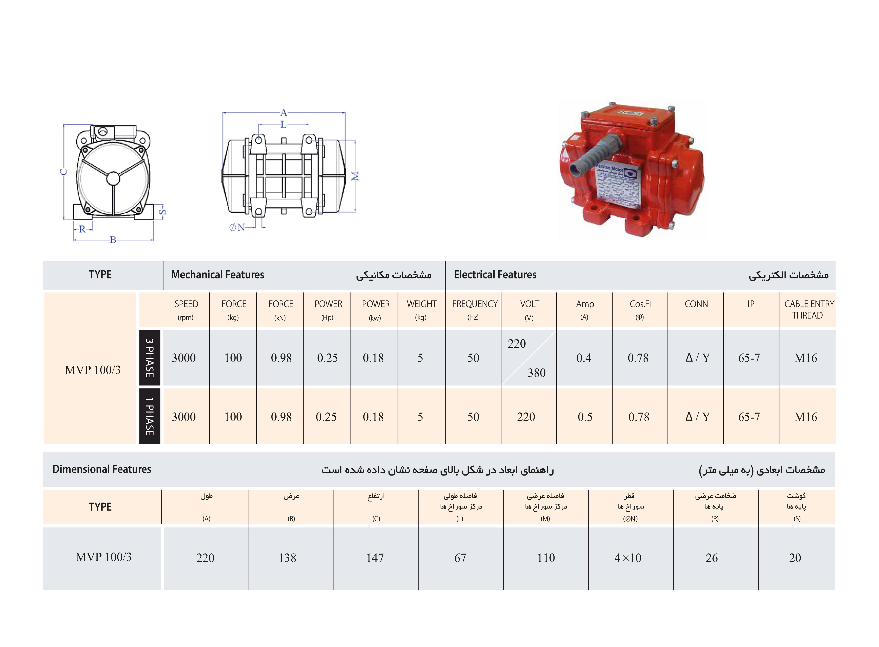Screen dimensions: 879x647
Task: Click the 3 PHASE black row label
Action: (x=150, y=358)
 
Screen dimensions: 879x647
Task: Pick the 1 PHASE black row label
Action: (x=150, y=416)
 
